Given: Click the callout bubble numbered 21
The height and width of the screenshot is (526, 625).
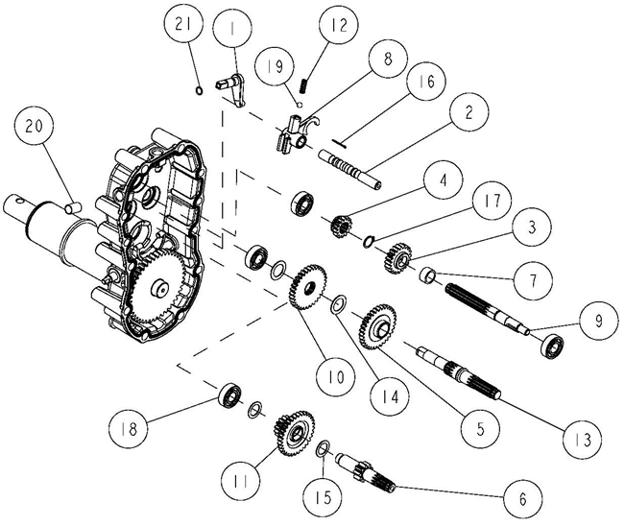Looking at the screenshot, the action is point(183,25).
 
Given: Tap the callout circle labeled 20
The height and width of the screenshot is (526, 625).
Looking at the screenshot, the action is point(34,127).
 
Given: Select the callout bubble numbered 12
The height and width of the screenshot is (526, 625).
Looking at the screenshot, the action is point(339,26).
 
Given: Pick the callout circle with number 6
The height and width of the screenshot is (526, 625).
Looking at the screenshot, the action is point(522,498).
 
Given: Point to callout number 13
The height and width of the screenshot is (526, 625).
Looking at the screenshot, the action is point(583,440).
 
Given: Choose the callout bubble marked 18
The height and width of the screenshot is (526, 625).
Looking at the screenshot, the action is point(129,429).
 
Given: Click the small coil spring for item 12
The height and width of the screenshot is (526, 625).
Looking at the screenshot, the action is point(303,85).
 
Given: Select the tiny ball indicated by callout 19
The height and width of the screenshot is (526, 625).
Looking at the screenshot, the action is point(300,105).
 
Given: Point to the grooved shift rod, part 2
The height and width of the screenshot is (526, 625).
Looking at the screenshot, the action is point(349,169).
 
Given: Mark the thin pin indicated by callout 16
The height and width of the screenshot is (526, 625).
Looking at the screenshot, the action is point(339,143).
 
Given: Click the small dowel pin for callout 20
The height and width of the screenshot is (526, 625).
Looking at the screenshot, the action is point(73,207).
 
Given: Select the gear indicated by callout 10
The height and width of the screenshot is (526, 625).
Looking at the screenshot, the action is point(308,286).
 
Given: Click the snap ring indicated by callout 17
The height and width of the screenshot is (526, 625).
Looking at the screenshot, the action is point(369,241).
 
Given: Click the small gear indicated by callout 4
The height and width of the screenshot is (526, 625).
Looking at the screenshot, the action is point(341,226).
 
